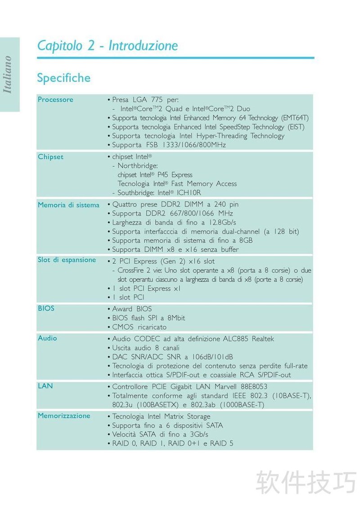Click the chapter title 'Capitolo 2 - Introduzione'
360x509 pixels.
pos(108,45)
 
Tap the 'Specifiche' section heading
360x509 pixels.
pos(63,78)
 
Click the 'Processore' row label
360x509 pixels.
pos(55,99)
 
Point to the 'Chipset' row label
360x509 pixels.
pos(50,157)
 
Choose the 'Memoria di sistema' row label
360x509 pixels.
pos(68,205)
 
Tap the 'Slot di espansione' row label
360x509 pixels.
pos(67,259)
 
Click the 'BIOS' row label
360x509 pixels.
pos(46,308)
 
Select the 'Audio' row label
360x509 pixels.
pos(47,338)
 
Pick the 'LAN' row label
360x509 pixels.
pos(45,386)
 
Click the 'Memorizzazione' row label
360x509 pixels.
pos(64,415)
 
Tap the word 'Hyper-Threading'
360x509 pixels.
pos(221,136)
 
